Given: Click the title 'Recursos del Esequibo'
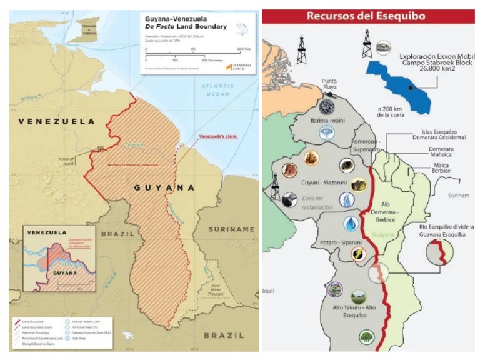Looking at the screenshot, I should [369, 16].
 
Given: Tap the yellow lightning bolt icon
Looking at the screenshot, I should [357, 254].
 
